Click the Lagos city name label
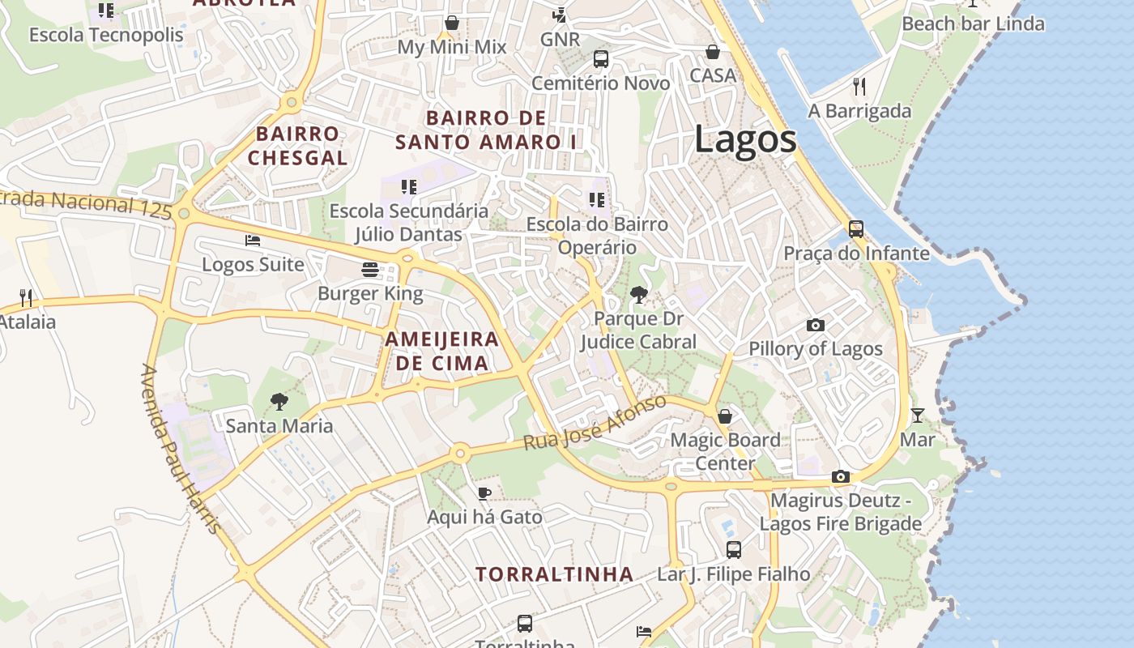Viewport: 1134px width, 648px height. [x=745, y=139]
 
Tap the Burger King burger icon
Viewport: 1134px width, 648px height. [x=370, y=269]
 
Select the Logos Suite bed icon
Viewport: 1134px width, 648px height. [x=253, y=241]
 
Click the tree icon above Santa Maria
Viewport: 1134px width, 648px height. [x=279, y=401]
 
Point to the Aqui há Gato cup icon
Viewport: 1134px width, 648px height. [x=484, y=492]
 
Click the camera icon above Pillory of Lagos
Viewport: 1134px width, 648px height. [x=816, y=325]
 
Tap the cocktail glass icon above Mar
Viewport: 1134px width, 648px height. [x=917, y=416]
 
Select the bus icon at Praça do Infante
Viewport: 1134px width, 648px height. [x=856, y=229]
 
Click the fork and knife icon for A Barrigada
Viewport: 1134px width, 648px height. [x=859, y=86]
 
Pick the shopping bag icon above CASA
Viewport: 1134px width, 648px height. [x=713, y=52]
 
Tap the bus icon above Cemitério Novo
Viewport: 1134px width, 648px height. [x=600, y=59]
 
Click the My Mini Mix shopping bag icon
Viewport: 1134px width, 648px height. [x=452, y=23]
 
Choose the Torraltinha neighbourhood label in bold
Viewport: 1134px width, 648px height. [x=554, y=574]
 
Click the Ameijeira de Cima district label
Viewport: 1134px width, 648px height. [x=441, y=351]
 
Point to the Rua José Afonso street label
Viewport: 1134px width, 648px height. [x=595, y=423]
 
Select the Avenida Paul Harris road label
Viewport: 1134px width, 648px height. [x=181, y=450]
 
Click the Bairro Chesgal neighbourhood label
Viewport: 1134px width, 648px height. [x=297, y=146]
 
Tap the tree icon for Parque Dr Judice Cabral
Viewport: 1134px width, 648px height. [x=639, y=295]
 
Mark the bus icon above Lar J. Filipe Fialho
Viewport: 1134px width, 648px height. [x=733, y=550]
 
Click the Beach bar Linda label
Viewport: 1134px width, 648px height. [x=973, y=23]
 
